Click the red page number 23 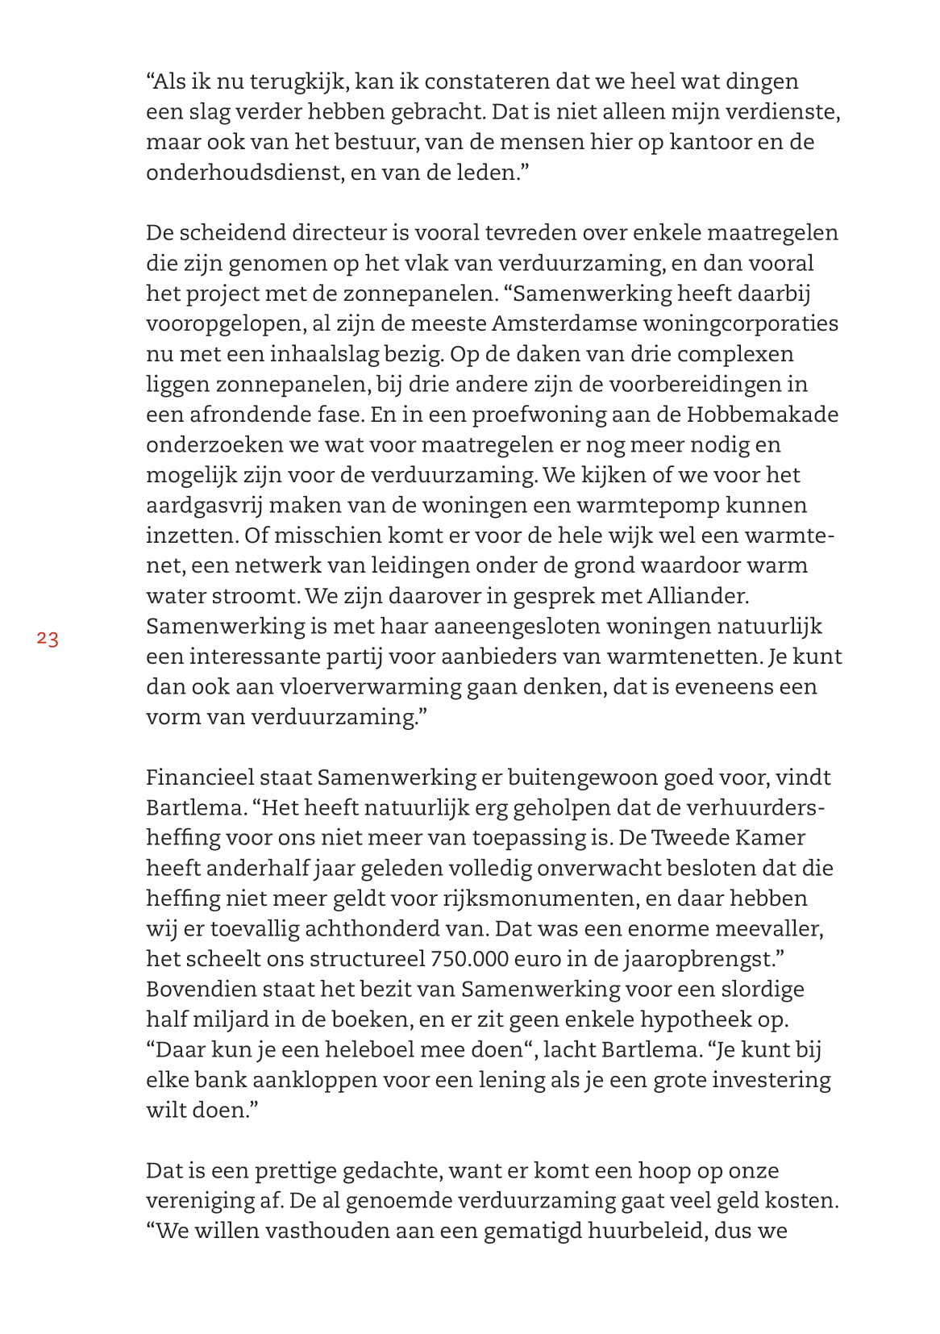click(48, 640)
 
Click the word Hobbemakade click(763, 415)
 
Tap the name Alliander click(697, 596)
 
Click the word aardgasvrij click(203, 506)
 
